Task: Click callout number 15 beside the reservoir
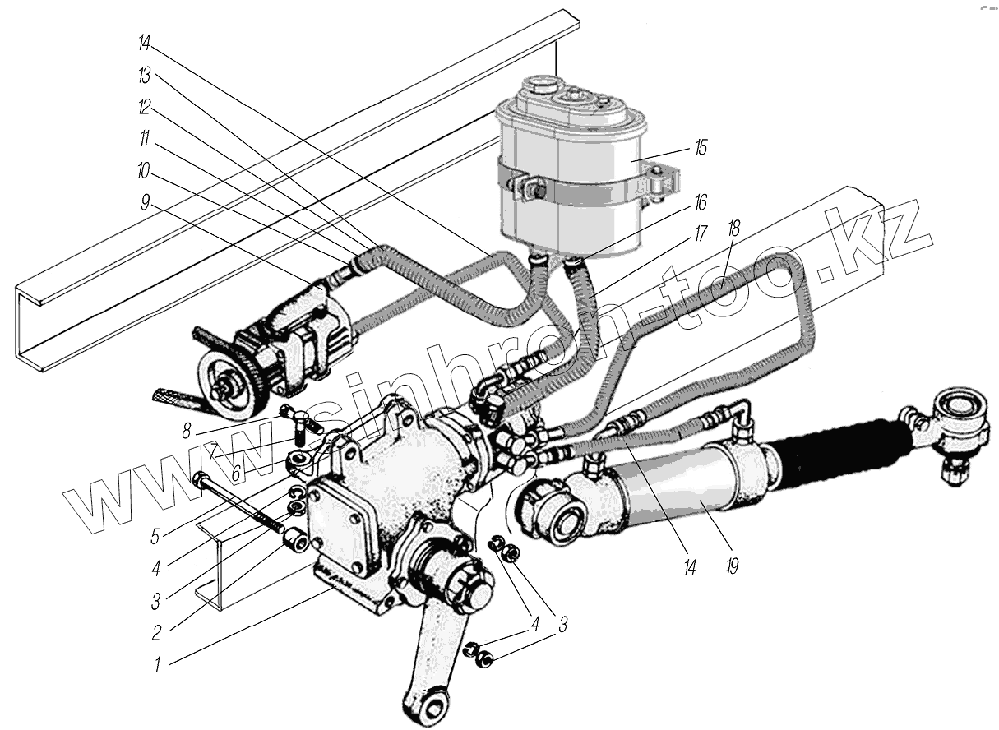[x=700, y=149]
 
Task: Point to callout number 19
[x=733, y=566]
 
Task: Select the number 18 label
[x=733, y=230]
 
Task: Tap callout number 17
[x=700, y=233]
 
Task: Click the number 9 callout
[x=146, y=203]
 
